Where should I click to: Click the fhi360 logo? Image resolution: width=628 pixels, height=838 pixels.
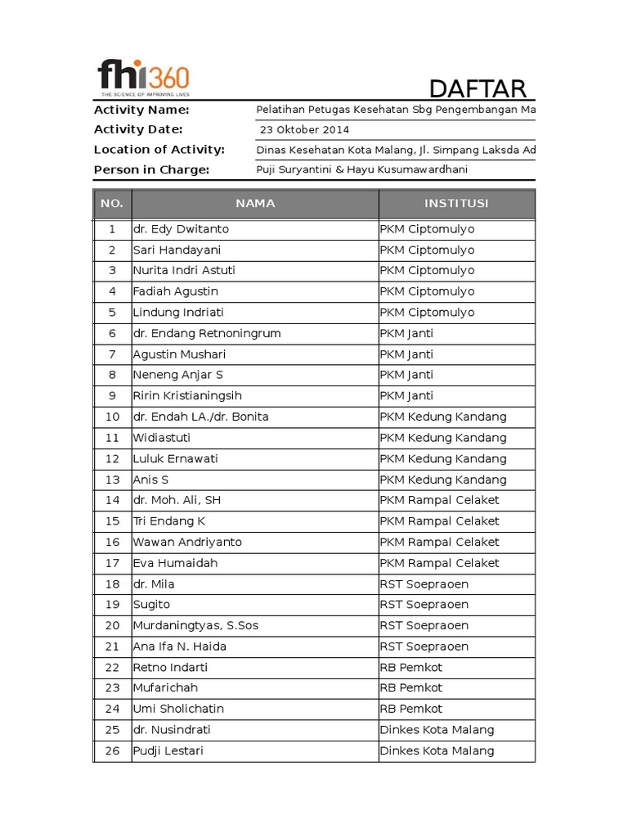pos(143,78)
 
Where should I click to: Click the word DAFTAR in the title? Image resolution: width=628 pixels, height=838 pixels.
pos(478,88)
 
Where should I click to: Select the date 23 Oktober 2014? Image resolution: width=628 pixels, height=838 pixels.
pos(304,129)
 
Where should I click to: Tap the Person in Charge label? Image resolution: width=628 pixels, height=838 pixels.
pos(151,169)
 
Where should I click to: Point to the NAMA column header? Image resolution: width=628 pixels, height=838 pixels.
pos(255,203)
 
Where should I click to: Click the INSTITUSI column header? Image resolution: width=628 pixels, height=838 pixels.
pos(456,203)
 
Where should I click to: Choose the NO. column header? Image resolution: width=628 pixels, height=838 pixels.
pos(112,203)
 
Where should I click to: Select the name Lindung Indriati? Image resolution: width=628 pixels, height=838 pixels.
pos(178,313)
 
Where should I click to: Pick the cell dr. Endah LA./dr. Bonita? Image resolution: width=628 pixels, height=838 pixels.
pos(200,417)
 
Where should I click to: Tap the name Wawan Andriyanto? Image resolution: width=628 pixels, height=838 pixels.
pos(187,542)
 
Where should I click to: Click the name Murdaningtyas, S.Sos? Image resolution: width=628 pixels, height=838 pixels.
pos(195,625)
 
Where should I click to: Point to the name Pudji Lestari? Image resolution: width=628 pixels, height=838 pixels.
pos(168,750)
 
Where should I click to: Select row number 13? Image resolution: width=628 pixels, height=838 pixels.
pos(113,480)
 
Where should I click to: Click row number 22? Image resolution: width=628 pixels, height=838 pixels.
pos(113,667)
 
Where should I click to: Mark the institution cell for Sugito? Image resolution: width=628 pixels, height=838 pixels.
pos(424,605)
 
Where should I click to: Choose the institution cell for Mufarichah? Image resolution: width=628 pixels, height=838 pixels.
pos(411,688)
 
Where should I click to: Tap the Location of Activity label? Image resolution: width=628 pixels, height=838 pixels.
pos(159,149)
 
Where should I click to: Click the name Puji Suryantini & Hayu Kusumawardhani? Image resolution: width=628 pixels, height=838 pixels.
pos(362,169)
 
